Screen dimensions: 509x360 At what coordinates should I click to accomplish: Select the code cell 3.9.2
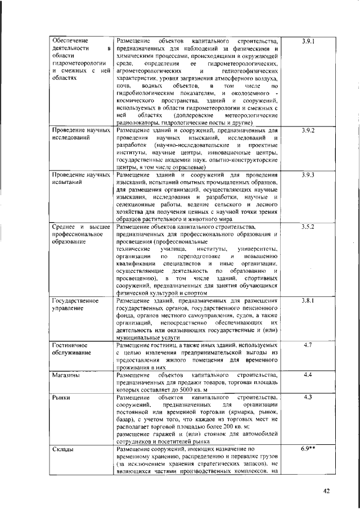(x=307, y=130)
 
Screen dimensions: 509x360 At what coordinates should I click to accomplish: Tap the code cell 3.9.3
(x=307, y=176)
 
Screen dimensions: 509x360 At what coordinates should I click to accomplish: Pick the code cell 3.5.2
(x=307, y=227)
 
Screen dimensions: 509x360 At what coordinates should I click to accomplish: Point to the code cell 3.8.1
(x=307, y=300)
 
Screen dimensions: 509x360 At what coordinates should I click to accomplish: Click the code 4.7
(x=307, y=344)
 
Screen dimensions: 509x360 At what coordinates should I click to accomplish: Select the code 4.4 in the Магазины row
(x=307, y=374)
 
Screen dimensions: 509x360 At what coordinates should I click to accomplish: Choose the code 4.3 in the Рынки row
(x=307, y=397)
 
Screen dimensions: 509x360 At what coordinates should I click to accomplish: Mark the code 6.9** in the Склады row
(x=307, y=449)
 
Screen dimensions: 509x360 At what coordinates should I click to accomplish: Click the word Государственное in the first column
(x=75, y=301)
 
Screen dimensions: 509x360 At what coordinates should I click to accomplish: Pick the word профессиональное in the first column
(x=76, y=234)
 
